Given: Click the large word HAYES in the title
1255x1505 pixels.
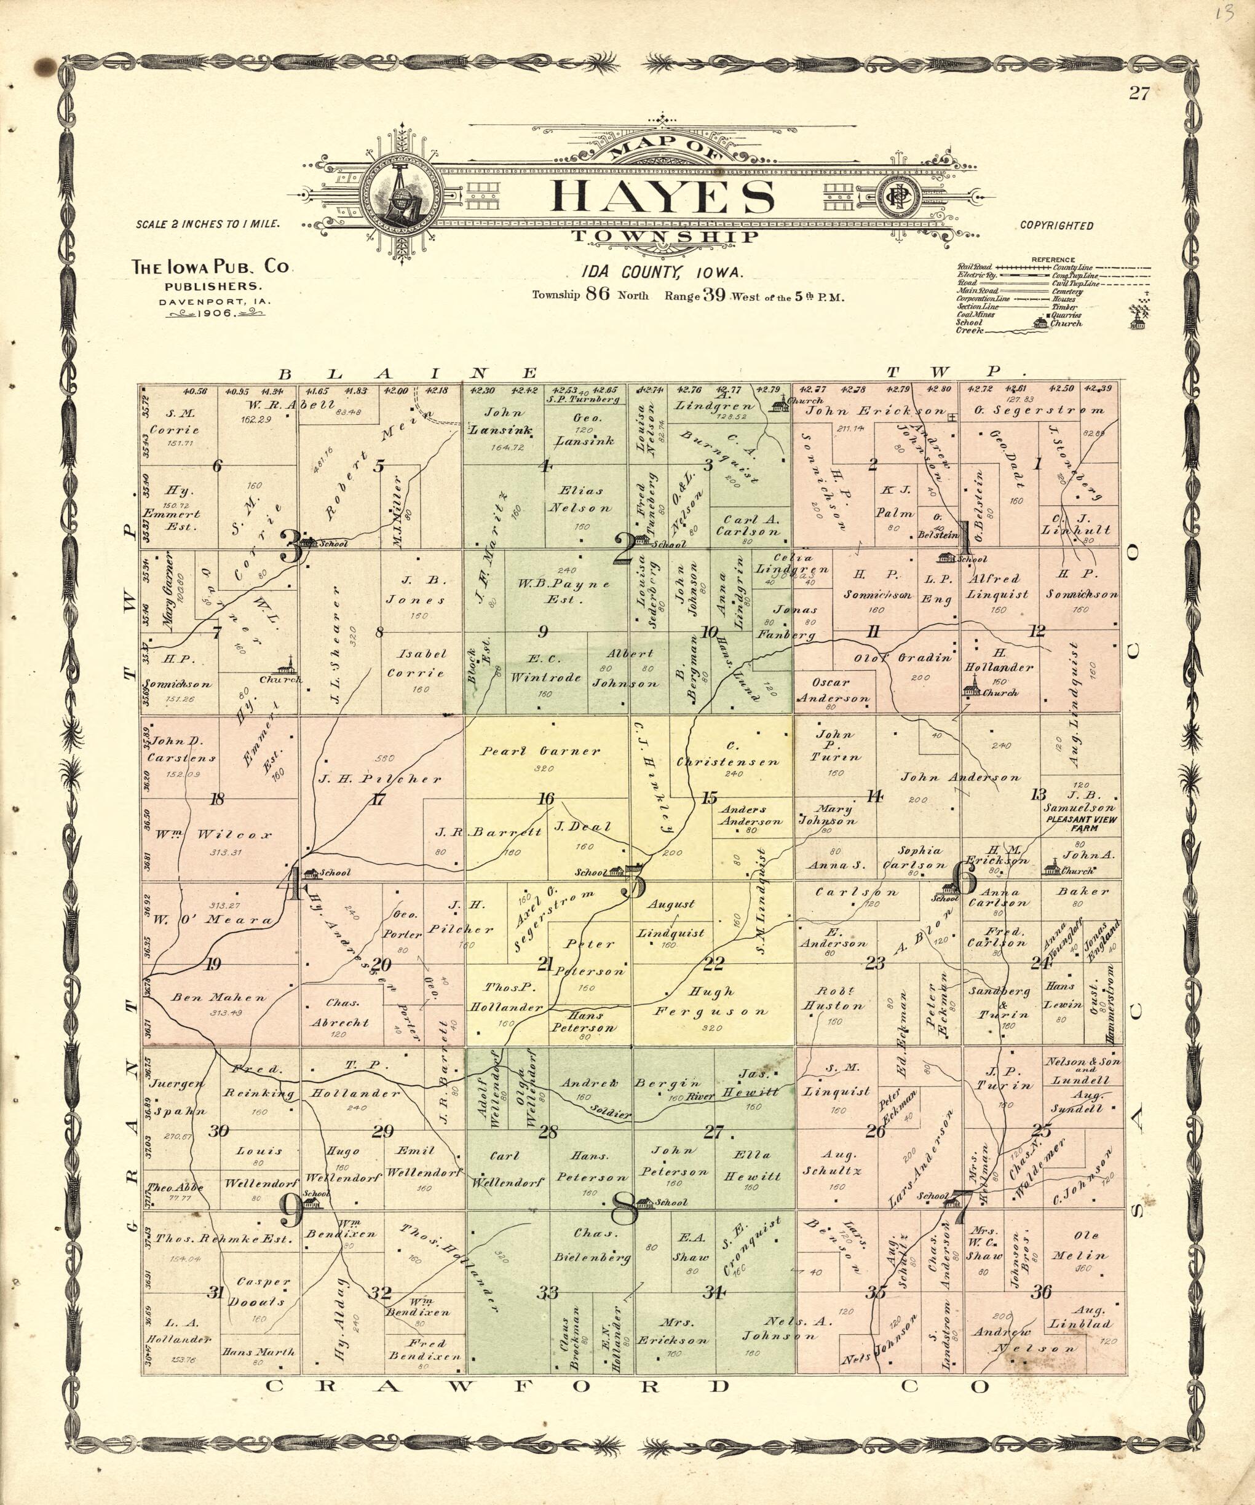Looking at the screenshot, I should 662,196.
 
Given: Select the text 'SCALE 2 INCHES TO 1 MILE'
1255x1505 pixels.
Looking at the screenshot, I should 207,224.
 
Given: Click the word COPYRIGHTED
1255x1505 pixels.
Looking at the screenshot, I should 1056,226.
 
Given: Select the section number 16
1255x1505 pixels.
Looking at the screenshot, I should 546,799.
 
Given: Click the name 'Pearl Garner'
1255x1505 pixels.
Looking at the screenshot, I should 540,752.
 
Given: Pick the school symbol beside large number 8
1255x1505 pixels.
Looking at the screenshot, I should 644,1202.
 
